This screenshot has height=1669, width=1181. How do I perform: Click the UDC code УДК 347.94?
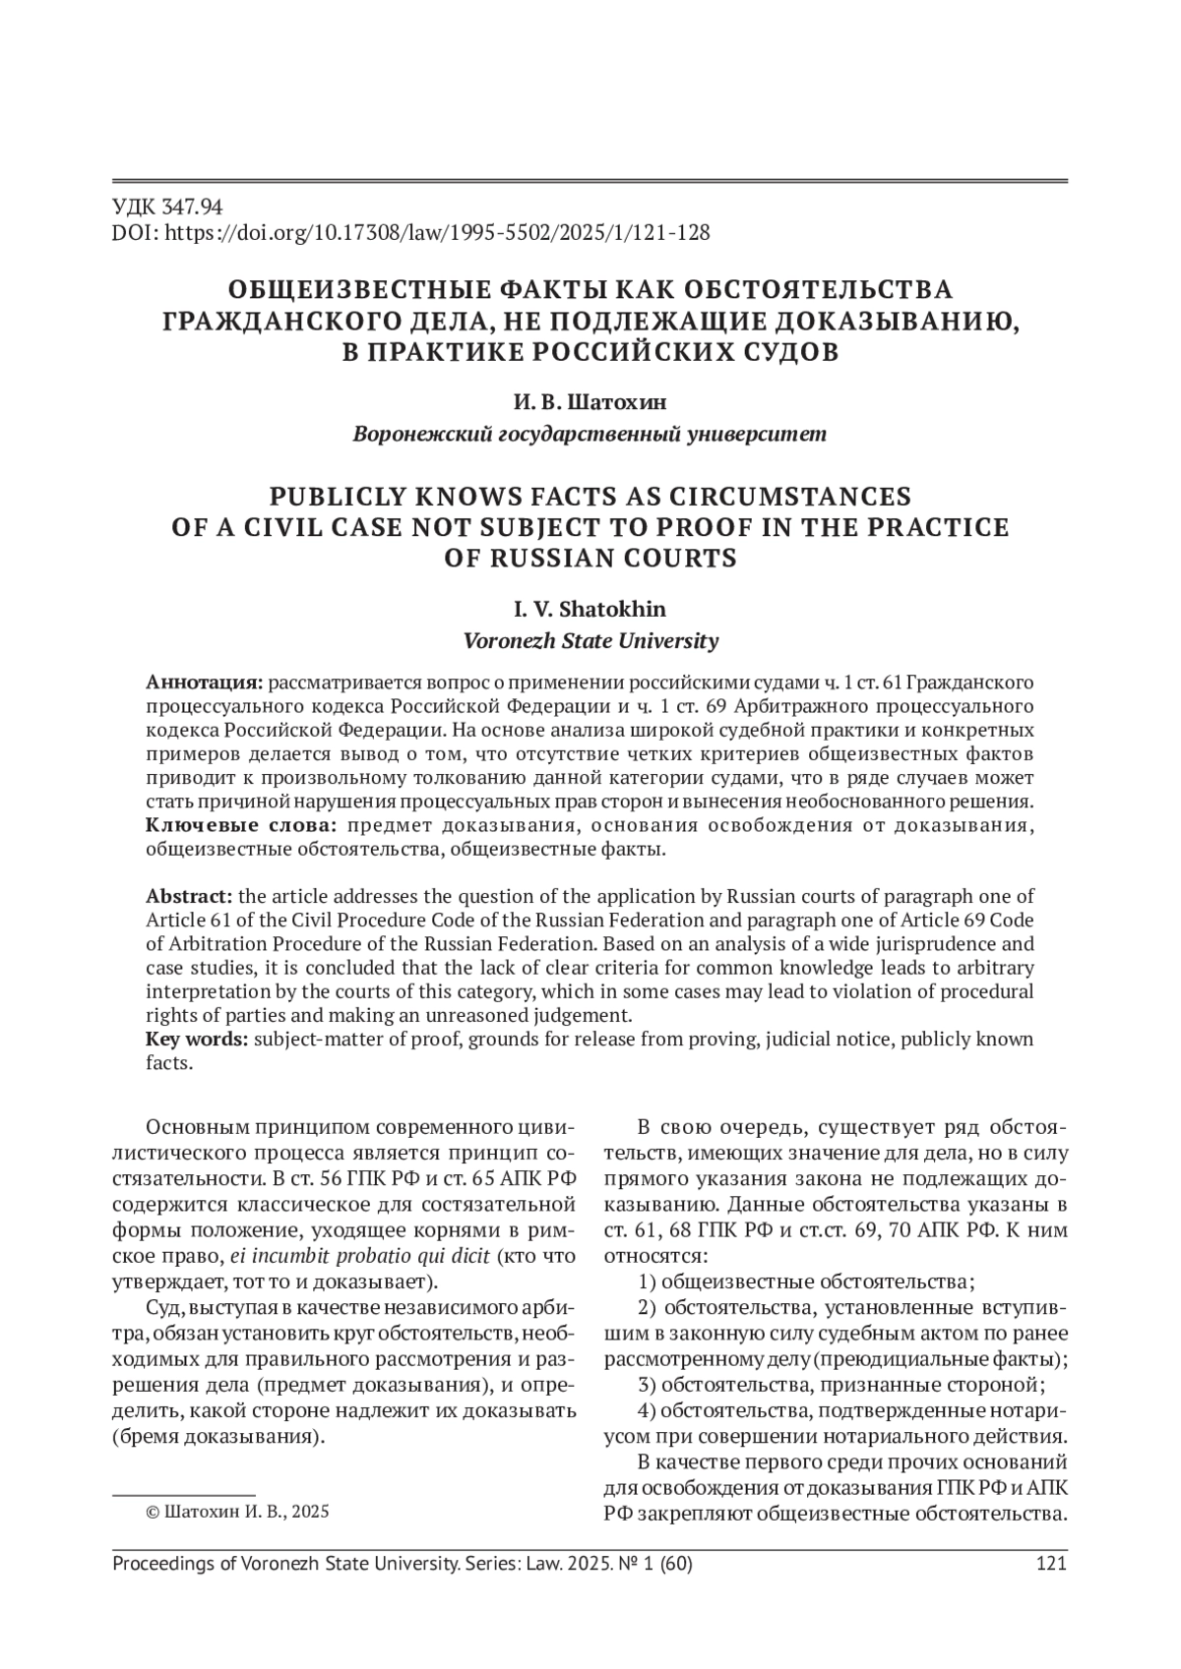pos(168,207)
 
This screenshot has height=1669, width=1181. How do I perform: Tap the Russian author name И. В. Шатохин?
pos(590,403)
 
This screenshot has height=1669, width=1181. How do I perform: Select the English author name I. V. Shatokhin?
pos(590,610)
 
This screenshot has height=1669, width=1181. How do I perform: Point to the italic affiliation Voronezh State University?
pos(590,641)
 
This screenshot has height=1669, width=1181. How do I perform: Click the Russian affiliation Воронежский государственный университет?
pos(590,435)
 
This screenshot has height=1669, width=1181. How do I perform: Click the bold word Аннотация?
pos(204,683)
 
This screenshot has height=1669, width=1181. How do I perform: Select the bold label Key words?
pos(197,1040)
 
